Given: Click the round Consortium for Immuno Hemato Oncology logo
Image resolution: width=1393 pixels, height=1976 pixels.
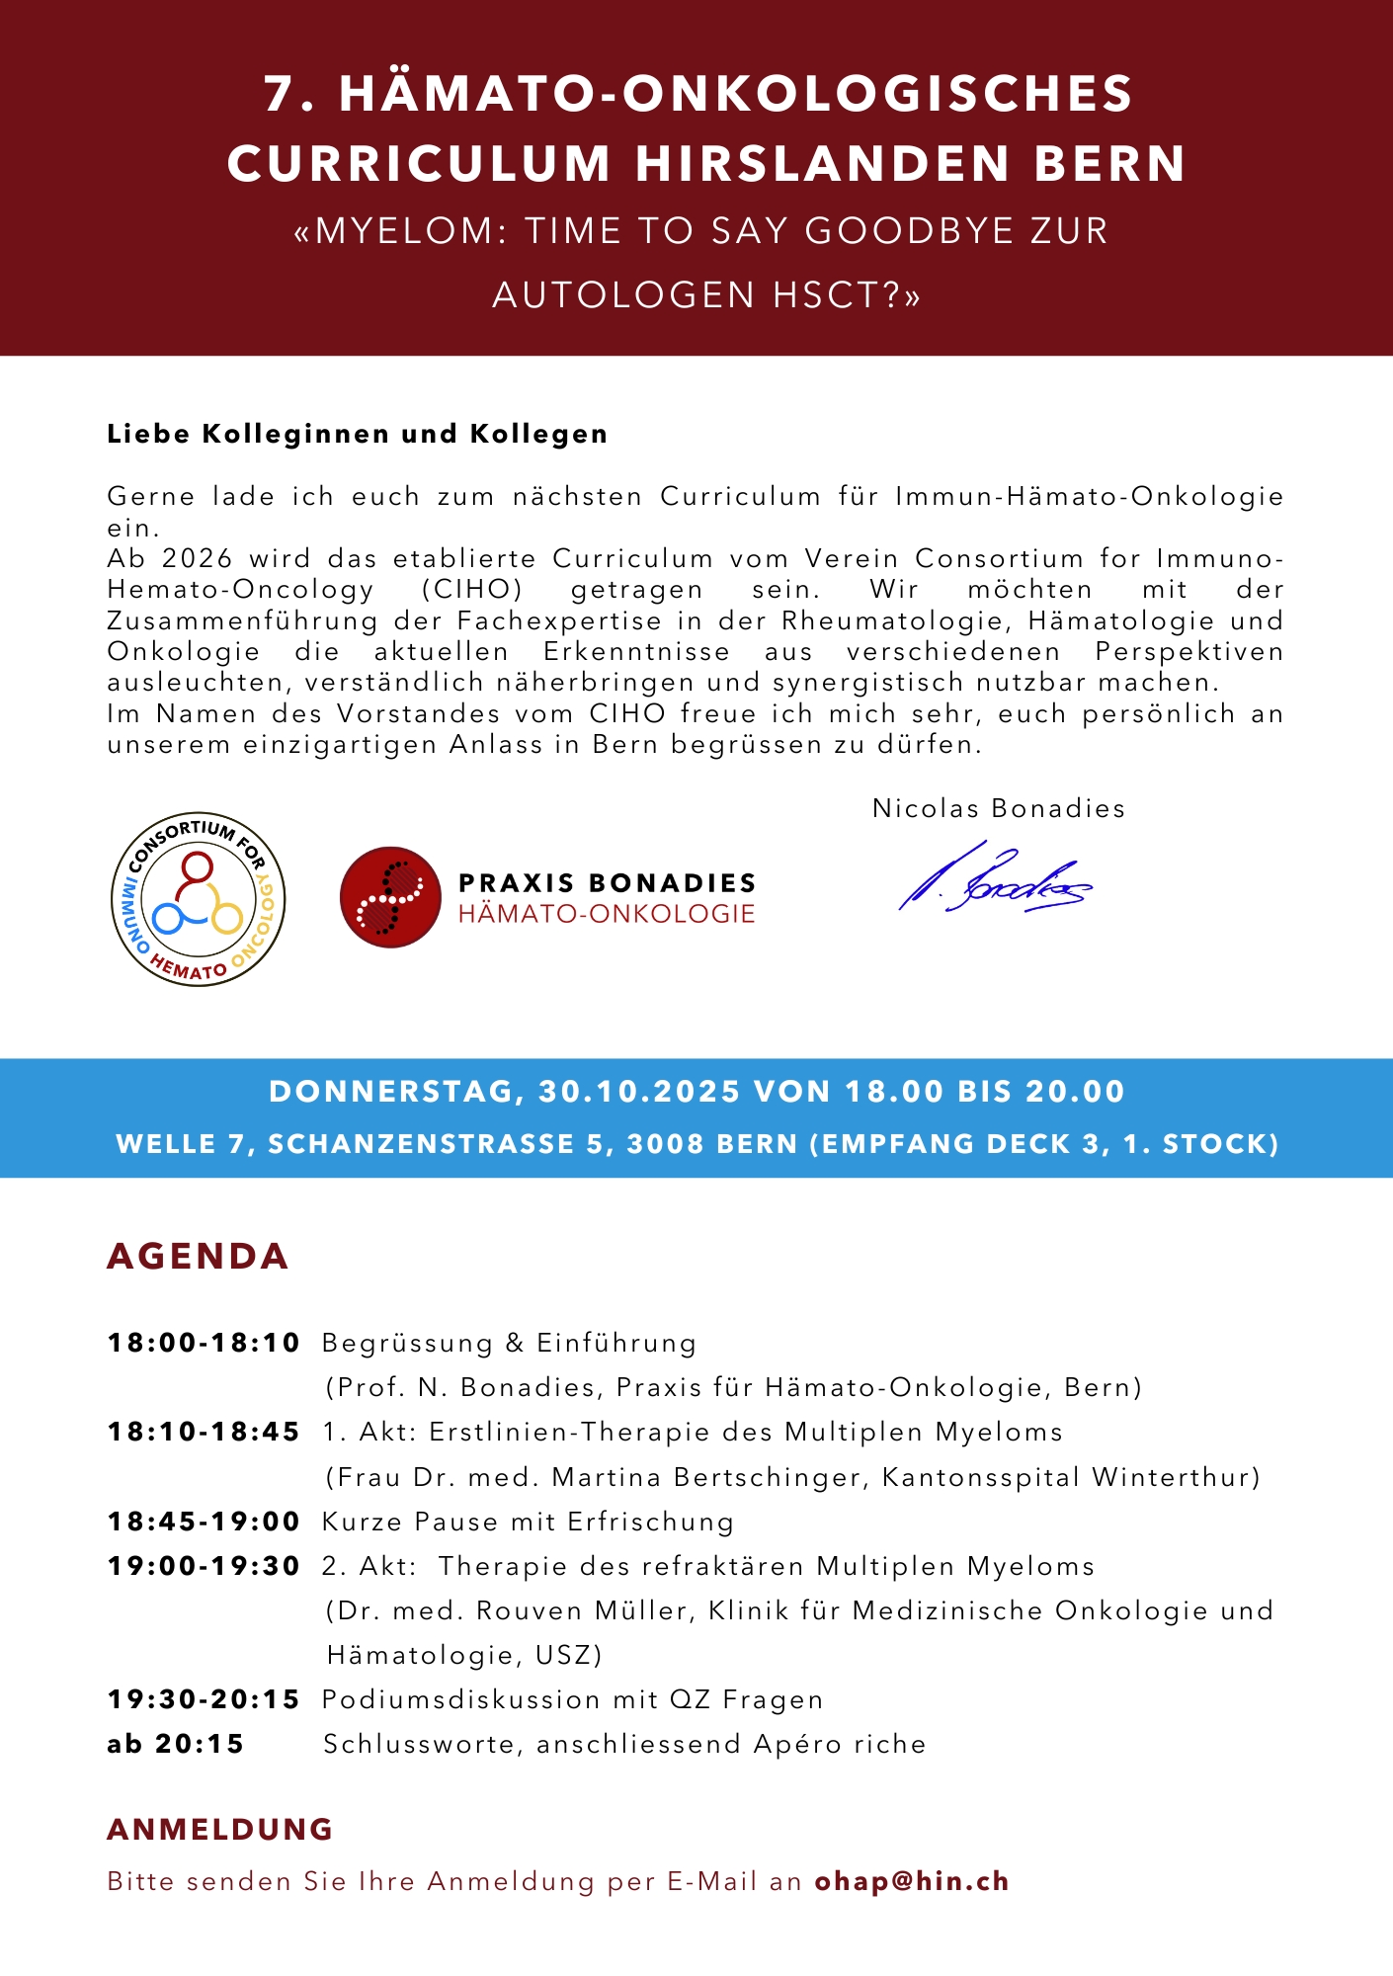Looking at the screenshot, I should click(x=199, y=899).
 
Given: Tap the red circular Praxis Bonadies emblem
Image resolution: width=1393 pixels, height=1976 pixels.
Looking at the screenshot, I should click(x=390, y=897).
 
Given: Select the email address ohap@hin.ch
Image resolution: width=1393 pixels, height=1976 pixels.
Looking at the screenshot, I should click(x=911, y=1881).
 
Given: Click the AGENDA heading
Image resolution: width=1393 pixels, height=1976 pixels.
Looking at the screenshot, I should click(x=198, y=1256).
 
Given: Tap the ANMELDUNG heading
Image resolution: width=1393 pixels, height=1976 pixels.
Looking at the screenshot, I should click(x=219, y=1829).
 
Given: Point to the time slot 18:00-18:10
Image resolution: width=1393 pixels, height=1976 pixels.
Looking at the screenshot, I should click(x=204, y=1343).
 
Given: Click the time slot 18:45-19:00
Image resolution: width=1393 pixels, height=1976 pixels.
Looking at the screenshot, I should click(x=204, y=1522).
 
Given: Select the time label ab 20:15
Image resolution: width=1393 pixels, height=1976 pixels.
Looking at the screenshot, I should click(x=176, y=1744).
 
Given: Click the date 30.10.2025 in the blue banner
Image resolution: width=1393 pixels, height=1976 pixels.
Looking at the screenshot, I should click(x=639, y=1091).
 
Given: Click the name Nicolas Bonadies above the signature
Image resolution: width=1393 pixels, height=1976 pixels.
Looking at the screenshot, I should click(x=998, y=808).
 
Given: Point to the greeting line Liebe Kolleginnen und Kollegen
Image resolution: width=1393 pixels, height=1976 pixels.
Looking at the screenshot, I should click(x=357, y=434).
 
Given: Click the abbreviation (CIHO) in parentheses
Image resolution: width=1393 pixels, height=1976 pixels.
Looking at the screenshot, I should click(x=471, y=590).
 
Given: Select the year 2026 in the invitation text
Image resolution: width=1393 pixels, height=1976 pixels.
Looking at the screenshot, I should click(x=198, y=558).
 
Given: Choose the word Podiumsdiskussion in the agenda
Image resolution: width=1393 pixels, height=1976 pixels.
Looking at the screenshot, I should click(x=461, y=1699).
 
